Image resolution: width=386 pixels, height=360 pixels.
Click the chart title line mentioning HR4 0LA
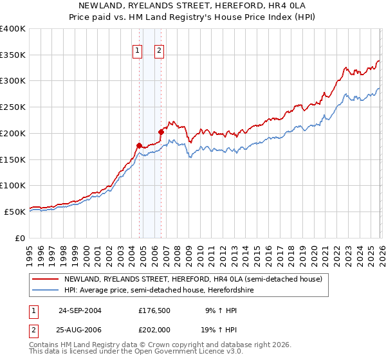coord(192,5)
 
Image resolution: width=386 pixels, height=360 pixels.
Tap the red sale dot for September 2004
coord(140,145)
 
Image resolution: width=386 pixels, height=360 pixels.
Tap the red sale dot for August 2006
coord(161,132)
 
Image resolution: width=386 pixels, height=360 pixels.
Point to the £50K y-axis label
coord(15,212)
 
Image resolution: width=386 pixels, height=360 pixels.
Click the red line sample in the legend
coord(46,279)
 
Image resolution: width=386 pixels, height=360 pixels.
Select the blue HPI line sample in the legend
coord(46,290)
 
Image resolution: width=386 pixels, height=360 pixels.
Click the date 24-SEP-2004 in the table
coord(80,310)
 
